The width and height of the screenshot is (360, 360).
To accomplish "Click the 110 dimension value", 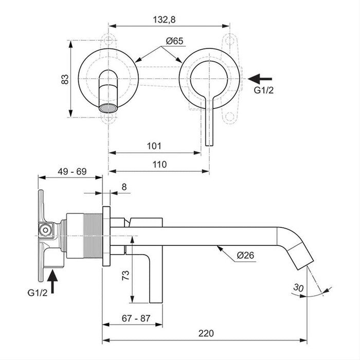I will [x=159, y=165].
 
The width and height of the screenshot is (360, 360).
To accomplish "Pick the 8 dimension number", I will [x=123, y=187].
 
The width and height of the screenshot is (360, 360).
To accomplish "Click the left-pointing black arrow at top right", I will [x=260, y=78].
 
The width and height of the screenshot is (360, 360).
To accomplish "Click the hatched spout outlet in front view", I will [x=109, y=108].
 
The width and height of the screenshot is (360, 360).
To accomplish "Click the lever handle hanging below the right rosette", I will [x=209, y=121].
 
